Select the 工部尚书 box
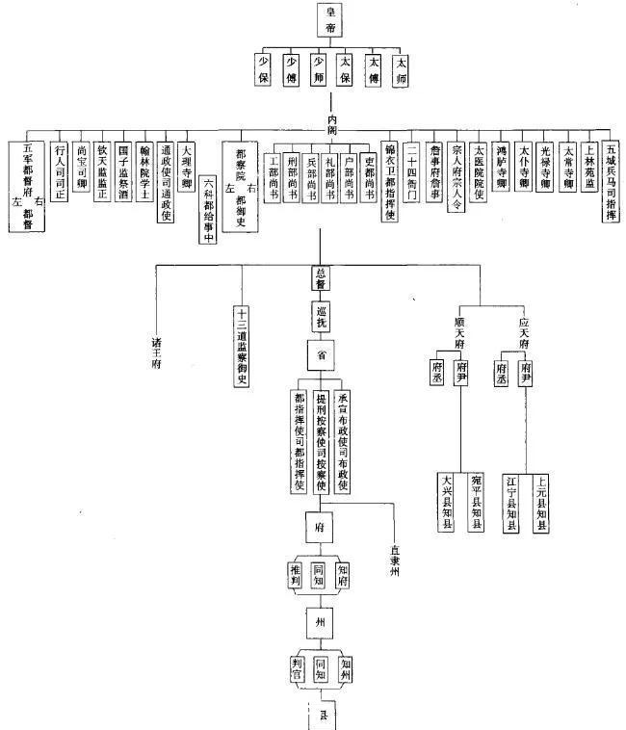click(274, 177)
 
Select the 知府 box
click(344, 575)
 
